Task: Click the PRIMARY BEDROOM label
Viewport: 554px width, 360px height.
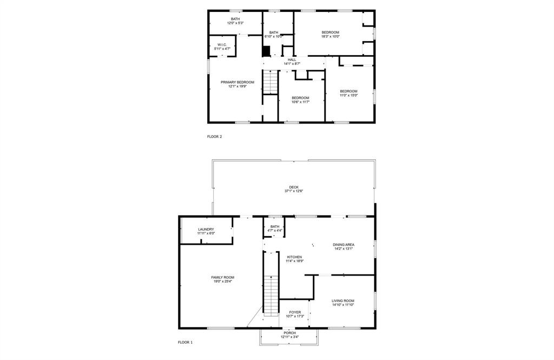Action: (x=237, y=82)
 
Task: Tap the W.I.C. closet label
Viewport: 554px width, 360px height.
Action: (x=222, y=45)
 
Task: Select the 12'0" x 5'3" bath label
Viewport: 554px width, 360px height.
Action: (x=235, y=23)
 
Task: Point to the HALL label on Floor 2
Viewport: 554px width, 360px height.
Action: (x=292, y=60)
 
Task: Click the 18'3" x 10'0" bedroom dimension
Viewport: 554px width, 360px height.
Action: (x=330, y=37)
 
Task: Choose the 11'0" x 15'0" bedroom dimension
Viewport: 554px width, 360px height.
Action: (x=348, y=95)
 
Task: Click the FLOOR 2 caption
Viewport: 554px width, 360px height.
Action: (x=214, y=136)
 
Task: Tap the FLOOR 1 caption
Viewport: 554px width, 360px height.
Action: (x=185, y=342)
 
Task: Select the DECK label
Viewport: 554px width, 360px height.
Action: (x=293, y=187)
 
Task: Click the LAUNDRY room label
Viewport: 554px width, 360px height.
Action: (x=206, y=229)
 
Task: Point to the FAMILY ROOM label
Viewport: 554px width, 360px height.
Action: (x=222, y=277)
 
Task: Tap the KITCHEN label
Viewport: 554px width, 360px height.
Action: (x=294, y=257)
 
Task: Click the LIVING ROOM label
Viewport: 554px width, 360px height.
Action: (x=342, y=301)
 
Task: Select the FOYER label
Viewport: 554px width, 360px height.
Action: (x=295, y=312)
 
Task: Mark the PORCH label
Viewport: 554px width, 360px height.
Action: (x=289, y=333)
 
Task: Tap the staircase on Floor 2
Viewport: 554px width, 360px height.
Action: (x=270, y=82)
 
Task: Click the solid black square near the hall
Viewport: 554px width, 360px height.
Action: (x=266, y=51)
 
